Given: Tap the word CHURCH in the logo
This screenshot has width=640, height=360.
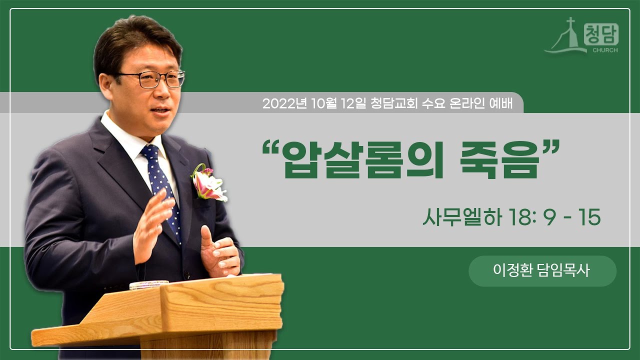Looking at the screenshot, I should (605, 50).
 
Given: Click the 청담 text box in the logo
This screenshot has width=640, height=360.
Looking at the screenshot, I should (601, 35).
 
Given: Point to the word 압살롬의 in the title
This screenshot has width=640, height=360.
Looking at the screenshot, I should (358, 159).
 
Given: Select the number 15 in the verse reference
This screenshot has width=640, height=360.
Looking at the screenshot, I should (590, 218).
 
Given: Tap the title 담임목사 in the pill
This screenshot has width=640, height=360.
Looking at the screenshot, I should (563, 271).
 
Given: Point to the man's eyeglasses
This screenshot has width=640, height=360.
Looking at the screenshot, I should (152, 79).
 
